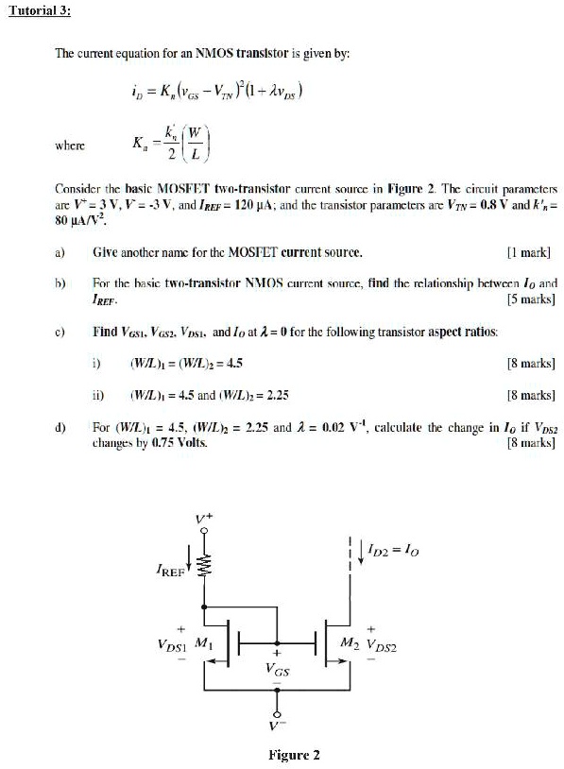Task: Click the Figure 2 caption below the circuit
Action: [294, 755]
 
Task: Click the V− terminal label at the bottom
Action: [277, 726]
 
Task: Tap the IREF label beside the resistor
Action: [170, 572]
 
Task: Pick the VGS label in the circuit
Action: [277, 668]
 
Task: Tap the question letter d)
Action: [60, 427]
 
